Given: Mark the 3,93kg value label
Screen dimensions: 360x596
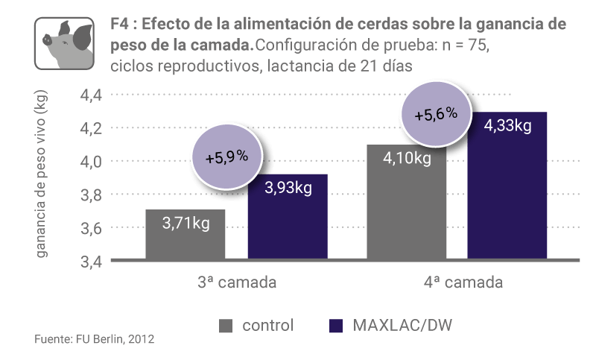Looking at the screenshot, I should pyautogui.click(x=288, y=188).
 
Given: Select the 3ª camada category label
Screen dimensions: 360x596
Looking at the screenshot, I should pyautogui.click(x=238, y=283).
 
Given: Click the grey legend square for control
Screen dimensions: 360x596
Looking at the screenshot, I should pyautogui.click(x=226, y=326).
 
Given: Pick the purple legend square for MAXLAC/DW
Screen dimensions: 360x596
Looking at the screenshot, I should pyautogui.click(x=335, y=326).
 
